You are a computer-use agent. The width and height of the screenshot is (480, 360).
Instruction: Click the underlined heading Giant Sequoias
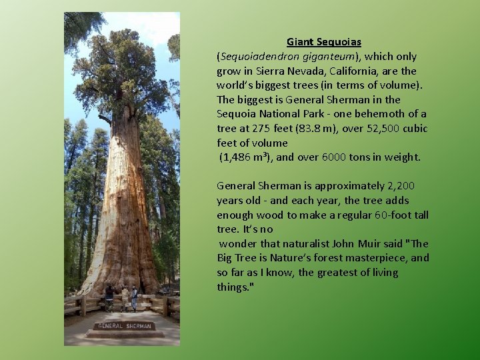coord(324,41)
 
